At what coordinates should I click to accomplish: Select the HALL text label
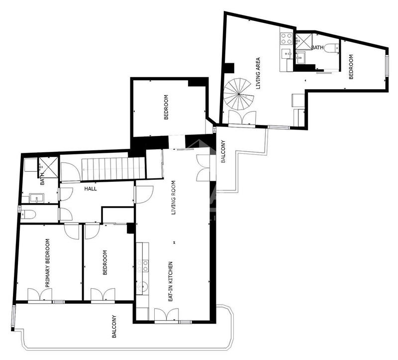[x=91, y=189]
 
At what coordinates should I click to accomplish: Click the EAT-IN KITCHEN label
[x=170, y=281]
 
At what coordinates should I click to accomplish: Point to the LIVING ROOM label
[x=174, y=197]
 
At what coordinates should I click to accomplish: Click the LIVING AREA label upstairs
[x=258, y=73]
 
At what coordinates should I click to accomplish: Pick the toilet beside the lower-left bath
[x=28, y=215]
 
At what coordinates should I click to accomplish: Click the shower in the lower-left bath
[x=48, y=165]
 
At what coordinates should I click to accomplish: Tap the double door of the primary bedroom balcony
[x=39, y=295]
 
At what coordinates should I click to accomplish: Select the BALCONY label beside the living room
[x=223, y=151]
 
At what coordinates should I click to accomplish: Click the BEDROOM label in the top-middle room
[x=166, y=107]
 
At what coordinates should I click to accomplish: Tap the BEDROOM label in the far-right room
[x=351, y=67]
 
